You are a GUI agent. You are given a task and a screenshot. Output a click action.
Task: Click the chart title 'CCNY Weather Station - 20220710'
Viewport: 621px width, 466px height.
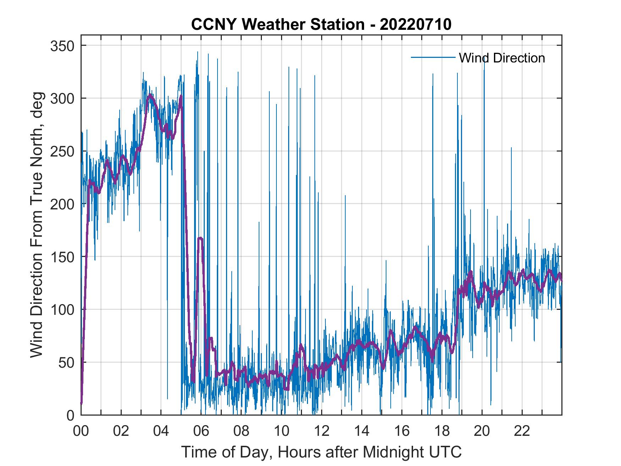tap(321, 24)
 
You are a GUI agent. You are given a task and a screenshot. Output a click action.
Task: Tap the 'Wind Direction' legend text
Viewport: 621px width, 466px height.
tap(502, 58)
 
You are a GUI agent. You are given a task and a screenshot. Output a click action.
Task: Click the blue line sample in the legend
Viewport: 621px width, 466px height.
tap(433, 57)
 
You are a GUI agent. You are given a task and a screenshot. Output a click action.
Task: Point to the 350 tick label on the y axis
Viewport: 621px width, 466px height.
tap(61, 46)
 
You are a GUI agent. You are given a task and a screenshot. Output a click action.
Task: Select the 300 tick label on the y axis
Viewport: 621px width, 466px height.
tap(61, 98)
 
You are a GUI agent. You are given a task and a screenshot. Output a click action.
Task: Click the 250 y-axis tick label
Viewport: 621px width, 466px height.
tap(61, 151)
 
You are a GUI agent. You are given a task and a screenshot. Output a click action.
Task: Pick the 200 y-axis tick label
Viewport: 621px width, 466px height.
tap(61, 204)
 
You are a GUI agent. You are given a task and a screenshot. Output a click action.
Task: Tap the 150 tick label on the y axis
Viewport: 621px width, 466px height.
tap(61, 257)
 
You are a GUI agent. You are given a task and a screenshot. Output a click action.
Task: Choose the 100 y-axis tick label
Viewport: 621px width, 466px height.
tap(61, 309)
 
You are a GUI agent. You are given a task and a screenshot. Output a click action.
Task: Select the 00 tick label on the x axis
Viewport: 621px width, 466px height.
tap(81, 431)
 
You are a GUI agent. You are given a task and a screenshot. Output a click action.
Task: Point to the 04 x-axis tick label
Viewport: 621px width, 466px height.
tap(161, 431)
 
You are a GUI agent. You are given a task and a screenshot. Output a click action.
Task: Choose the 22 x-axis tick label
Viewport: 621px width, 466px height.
tap(522, 431)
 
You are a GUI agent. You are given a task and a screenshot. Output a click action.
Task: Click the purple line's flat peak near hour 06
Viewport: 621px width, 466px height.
tap(200, 238)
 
